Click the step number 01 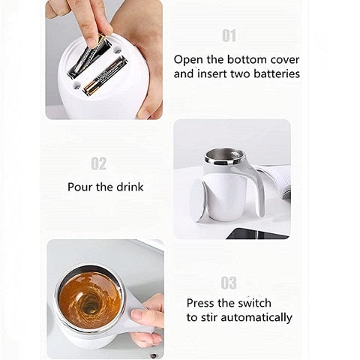point(229,36)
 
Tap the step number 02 point(98,163)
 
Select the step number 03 point(229,283)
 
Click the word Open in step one point(189,58)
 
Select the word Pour point(82,187)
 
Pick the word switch point(253,304)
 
